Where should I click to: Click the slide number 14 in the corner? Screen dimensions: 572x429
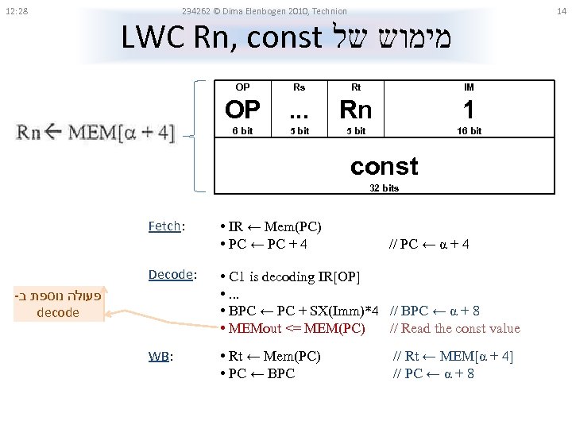(x=561, y=11)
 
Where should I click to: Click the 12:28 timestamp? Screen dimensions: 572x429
(x=15, y=11)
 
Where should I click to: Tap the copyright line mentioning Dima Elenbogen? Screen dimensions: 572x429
(x=264, y=11)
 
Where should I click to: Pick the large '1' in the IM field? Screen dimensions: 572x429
(x=469, y=109)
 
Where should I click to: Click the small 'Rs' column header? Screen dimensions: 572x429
(x=300, y=87)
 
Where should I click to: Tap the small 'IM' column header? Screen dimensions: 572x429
(x=469, y=87)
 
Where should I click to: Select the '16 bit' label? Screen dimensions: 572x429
(x=469, y=131)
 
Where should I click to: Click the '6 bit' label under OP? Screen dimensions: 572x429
(x=242, y=131)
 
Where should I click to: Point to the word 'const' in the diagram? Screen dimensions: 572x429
(x=384, y=166)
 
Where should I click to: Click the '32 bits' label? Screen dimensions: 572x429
(x=385, y=188)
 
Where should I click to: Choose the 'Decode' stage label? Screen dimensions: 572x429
(x=172, y=275)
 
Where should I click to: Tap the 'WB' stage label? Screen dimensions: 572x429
(x=158, y=356)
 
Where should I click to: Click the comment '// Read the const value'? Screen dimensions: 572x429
(x=455, y=328)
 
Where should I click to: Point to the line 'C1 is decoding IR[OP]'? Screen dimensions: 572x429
(x=294, y=276)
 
